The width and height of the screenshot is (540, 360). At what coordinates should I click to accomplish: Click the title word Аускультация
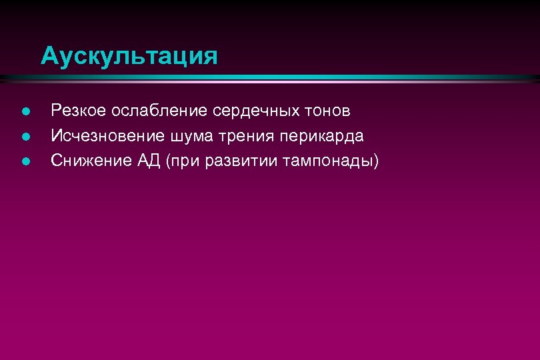[129, 56]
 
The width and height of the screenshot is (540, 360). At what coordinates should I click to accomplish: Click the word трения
[235, 136]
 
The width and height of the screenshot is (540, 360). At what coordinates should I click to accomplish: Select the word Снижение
[84, 161]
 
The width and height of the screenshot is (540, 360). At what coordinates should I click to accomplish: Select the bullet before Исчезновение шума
[25, 137]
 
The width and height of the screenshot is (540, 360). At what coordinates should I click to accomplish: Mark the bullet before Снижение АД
[25, 161]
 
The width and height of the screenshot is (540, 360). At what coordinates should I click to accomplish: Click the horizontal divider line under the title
[269, 79]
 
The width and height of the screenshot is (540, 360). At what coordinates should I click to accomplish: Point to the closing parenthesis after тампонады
[375, 161]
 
